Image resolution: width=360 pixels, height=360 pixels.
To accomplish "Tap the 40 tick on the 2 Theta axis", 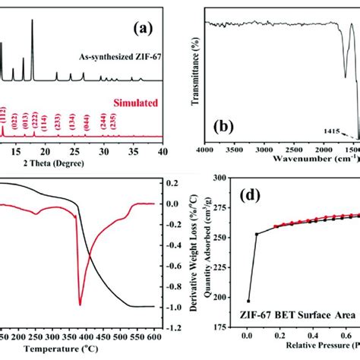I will tap(161, 152).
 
